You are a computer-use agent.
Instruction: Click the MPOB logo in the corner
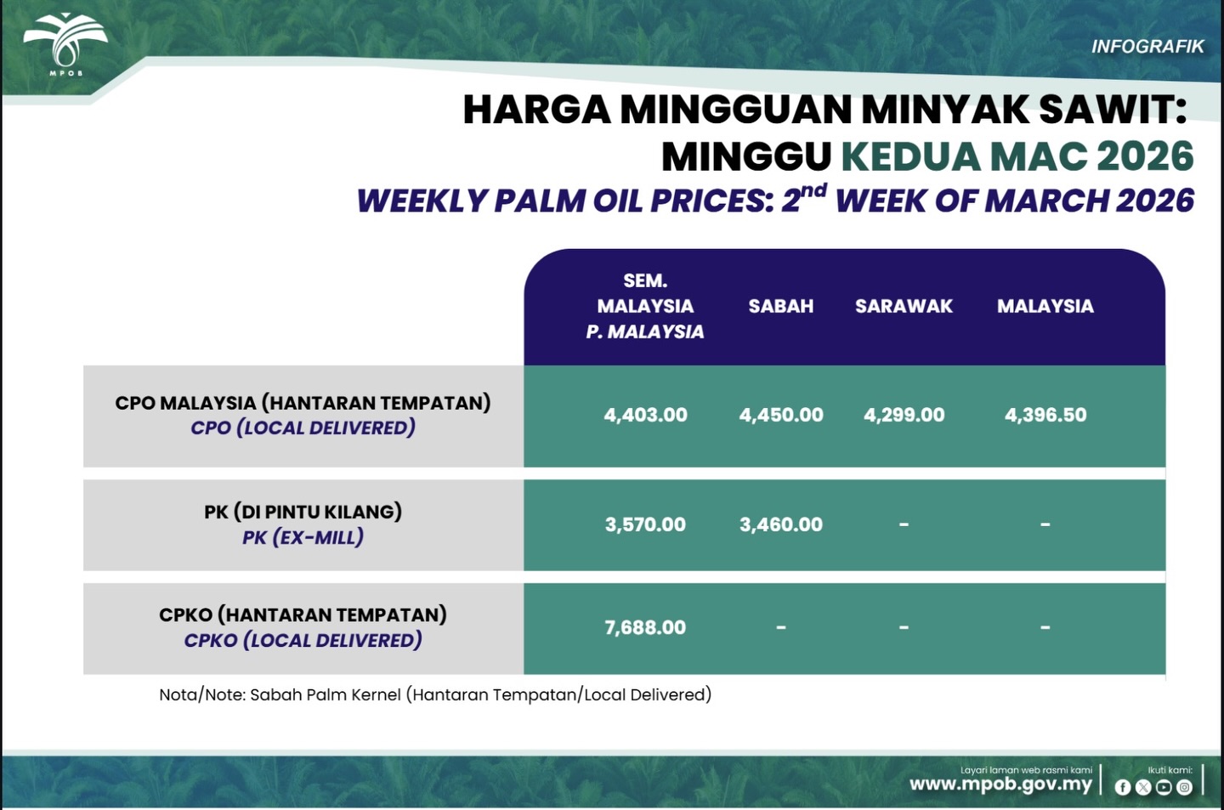pos(65,43)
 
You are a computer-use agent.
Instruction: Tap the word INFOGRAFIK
pos(1147,47)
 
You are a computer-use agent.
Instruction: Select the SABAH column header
pos(781,306)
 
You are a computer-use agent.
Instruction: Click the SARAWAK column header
pos(904,306)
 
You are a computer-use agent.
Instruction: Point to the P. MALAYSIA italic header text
pos(645,331)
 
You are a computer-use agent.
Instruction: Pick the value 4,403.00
pos(645,415)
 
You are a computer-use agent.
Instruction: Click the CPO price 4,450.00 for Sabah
pos(781,415)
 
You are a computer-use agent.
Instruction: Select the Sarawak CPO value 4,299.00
pos(904,415)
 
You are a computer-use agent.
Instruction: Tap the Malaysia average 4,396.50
pos(1045,415)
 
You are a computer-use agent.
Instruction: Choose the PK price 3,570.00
pos(645,524)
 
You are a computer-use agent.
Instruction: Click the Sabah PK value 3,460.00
pos(781,524)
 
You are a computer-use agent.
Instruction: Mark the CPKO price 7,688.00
pos(645,627)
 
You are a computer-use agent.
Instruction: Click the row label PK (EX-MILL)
pos(303,537)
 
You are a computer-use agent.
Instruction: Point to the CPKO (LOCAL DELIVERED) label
pos(303,640)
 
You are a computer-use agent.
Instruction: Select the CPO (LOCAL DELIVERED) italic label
pos(303,428)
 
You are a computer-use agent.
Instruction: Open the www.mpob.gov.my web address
pos(1000,785)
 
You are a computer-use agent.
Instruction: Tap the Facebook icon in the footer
pos(1123,787)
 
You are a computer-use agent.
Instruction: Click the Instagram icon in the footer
pos(1184,787)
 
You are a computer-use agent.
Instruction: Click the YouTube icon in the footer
pos(1164,787)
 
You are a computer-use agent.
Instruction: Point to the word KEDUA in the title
pos(910,157)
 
